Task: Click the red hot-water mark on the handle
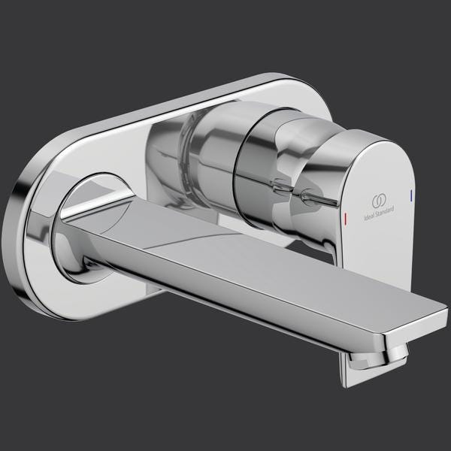pos(346,218)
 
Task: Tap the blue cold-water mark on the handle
pos(411,195)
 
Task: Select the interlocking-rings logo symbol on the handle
pos(379,201)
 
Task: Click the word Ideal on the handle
pos(369,216)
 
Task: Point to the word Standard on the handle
pos(384,210)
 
